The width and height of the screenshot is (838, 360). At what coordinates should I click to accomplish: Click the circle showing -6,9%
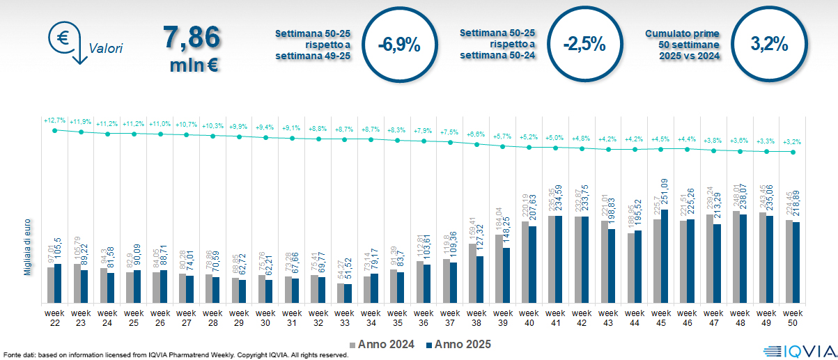pos(398,45)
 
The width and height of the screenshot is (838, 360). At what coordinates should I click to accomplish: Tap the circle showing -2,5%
pos(584,45)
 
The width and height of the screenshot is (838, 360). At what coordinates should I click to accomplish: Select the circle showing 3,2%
pos(769,45)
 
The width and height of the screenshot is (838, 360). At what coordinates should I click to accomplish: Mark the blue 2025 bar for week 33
pos(348,293)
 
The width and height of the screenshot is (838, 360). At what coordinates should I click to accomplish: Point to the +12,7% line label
pos(54,120)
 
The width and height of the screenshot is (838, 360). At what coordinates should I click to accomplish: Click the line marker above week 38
pos(476,145)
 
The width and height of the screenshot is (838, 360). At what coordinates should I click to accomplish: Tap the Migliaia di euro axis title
pos(27,246)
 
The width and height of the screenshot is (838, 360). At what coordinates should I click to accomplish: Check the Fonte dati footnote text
pos(174,355)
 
